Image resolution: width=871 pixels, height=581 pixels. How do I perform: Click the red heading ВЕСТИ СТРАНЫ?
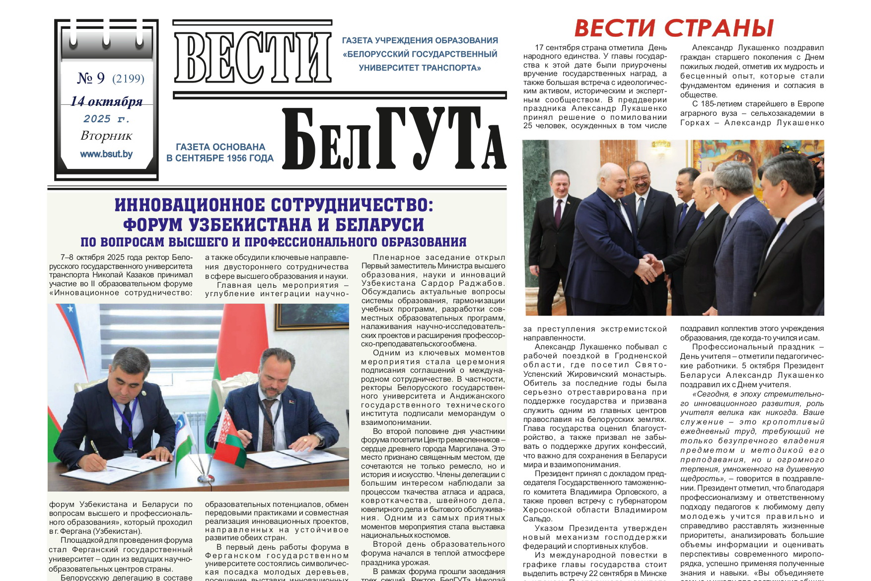[x=674, y=28]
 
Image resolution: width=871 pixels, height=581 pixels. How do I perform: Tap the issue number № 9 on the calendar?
[x=91, y=78]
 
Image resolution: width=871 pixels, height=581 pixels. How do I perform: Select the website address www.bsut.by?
[x=106, y=154]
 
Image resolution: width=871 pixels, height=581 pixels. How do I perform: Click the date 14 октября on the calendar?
[x=106, y=101]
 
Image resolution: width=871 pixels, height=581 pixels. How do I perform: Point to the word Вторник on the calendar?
[x=106, y=136]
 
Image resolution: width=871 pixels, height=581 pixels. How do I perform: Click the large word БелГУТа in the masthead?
[x=394, y=140]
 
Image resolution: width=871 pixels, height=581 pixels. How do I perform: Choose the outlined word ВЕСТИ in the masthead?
[x=252, y=56]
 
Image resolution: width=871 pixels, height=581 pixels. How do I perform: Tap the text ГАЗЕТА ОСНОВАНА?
[x=220, y=147]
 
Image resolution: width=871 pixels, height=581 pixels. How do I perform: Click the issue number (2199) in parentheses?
[x=128, y=79]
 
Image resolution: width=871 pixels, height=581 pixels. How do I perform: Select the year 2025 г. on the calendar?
[x=106, y=119]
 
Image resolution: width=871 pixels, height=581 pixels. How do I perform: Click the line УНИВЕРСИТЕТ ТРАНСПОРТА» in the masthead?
[x=420, y=68]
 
